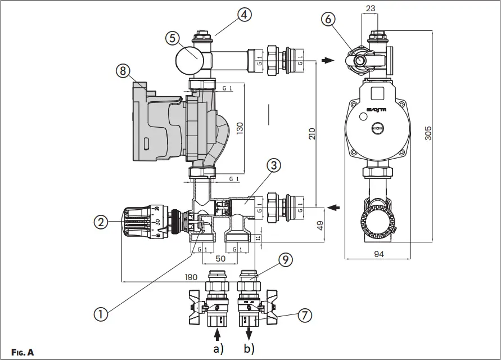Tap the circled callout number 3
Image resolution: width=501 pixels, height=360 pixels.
pos(273,165)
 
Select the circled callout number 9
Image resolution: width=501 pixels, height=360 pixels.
pos(286,260)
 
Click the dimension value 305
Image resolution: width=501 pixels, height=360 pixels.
pos(428,133)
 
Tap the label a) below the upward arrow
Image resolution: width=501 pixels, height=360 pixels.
pos(216,349)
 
